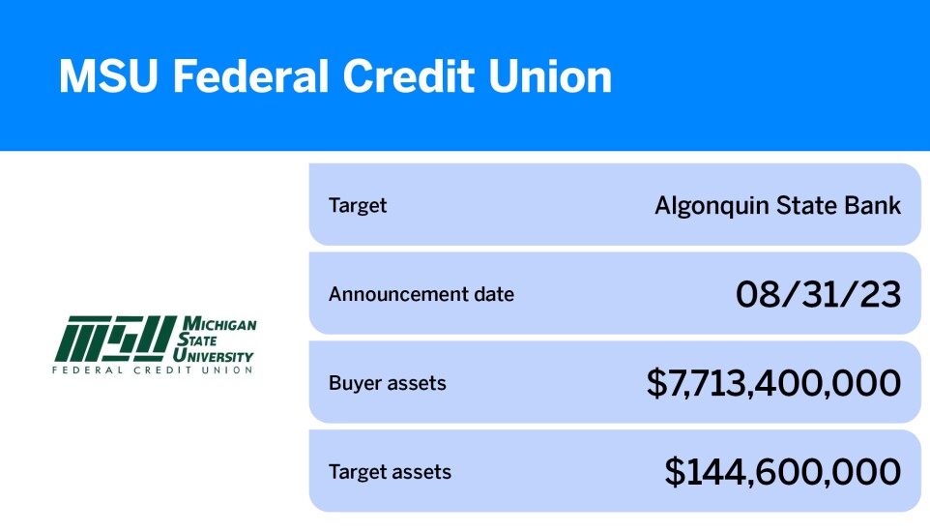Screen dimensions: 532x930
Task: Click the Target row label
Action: pyautogui.click(x=358, y=205)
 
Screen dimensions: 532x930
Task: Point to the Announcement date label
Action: pyautogui.click(x=421, y=294)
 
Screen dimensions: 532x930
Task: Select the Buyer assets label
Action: pyautogui.click(x=388, y=383)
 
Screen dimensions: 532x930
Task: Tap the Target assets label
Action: pyautogui.click(x=390, y=472)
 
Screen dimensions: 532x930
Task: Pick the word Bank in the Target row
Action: pyautogui.click(x=874, y=205)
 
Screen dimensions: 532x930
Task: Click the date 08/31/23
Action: pyautogui.click(x=818, y=294)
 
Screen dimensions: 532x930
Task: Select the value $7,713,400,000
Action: pyautogui.click(x=773, y=384)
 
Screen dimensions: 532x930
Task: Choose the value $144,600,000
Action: pyautogui.click(x=783, y=473)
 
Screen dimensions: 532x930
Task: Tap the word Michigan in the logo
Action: pyautogui.click(x=218, y=324)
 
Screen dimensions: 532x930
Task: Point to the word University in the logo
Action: pyautogui.click(x=217, y=355)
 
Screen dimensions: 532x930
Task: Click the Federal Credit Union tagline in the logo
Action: pyautogui.click(x=153, y=369)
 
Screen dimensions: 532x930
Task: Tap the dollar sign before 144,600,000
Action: pyautogui.click(x=675, y=473)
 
